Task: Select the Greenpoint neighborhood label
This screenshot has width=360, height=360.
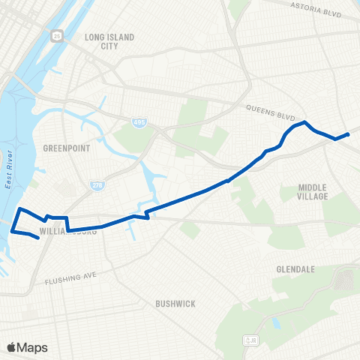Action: click(x=67, y=148)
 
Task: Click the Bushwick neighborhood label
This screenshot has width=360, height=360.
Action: click(x=175, y=304)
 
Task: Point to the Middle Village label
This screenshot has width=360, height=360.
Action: click(x=313, y=191)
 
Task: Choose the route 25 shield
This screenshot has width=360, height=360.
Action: click(x=57, y=36)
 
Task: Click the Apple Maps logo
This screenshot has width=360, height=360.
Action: click(x=26, y=347)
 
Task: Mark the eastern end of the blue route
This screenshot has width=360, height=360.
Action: click(x=349, y=134)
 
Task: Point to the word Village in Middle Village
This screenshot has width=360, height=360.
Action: click(x=313, y=196)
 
